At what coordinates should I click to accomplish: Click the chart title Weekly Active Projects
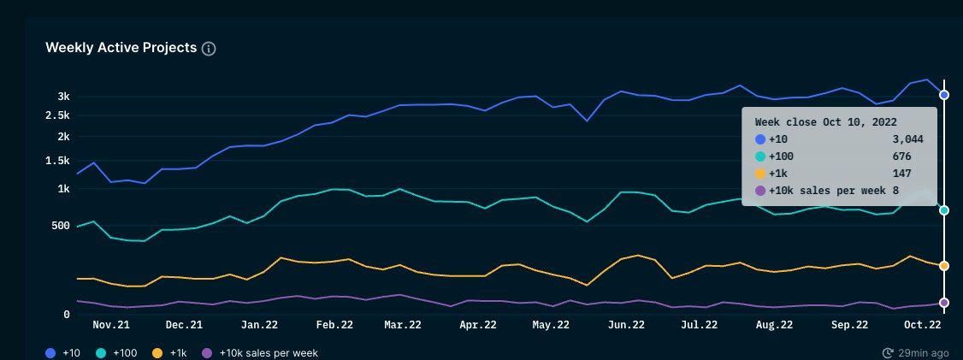point(121,48)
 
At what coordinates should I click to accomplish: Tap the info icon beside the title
point(209,49)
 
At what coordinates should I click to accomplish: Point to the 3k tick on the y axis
point(63,96)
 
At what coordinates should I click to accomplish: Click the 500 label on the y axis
point(60,226)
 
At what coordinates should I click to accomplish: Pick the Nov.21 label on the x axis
point(111,325)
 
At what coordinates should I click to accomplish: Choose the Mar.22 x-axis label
point(402,325)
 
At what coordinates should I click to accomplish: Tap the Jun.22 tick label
point(626,325)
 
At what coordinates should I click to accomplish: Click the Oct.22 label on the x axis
point(923,325)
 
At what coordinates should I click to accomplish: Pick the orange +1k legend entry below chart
point(170,352)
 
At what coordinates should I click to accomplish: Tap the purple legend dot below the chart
point(207,352)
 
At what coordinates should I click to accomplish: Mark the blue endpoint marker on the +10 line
point(944,95)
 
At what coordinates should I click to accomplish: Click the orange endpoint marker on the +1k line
point(944,266)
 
